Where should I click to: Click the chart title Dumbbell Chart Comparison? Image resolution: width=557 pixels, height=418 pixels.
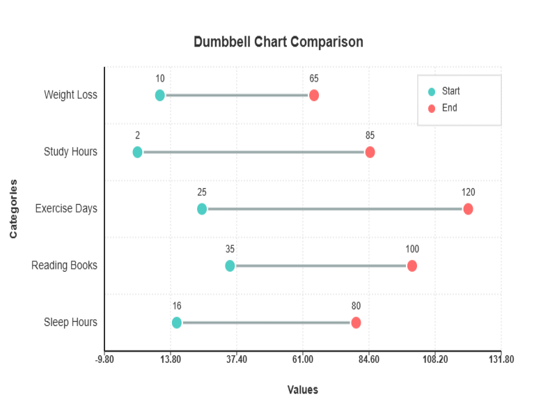tap(278, 42)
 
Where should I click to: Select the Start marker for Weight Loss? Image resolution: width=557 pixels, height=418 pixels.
tap(160, 95)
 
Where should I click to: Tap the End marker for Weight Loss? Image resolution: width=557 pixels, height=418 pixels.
tap(314, 95)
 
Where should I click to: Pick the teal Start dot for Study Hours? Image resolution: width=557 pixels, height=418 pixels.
tap(137, 153)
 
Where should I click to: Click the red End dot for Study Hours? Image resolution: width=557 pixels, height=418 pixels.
tap(370, 153)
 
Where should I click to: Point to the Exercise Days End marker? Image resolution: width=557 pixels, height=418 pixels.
tap(468, 209)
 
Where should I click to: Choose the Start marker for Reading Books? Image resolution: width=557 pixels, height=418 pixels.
tap(230, 265)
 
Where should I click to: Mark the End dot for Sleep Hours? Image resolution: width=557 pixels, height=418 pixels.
tap(356, 323)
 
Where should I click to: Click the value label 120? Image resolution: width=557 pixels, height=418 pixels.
tap(468, 192)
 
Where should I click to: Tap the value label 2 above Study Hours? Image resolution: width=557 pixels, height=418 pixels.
tap(137, 135)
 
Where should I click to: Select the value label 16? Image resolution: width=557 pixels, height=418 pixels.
tap(177, 306)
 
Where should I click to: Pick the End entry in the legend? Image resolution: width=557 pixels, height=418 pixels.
tap(443, 108)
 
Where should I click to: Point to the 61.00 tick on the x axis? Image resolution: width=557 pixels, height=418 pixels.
tap(303, 359)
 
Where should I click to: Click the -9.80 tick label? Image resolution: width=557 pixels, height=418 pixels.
tap(104, 359)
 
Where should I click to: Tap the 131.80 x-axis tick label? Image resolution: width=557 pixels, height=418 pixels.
tap(501, 359)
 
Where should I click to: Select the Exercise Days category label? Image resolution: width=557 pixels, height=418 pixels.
tap(66, 208)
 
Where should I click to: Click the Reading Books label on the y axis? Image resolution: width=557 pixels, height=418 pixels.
tap(64, 265)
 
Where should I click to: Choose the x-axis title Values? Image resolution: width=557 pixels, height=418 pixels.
tap(303, 390)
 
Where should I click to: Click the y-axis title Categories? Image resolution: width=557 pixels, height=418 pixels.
tap(13, 209)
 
